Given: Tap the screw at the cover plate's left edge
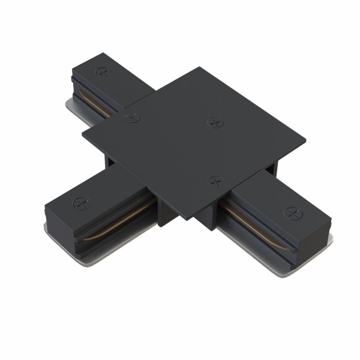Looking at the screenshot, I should [x=133, y=118].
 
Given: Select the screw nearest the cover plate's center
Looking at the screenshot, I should [x=214, y=122].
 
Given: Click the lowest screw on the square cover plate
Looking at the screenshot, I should [x=214, y=180].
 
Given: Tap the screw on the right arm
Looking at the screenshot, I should [x=292, y=213].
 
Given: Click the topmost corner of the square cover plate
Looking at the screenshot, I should [x=202, y=68].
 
